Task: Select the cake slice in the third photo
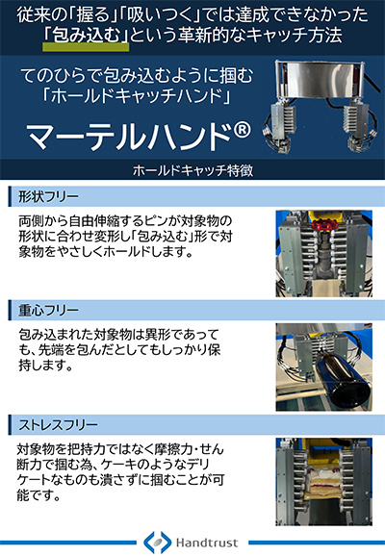click(x=317, y=490)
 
